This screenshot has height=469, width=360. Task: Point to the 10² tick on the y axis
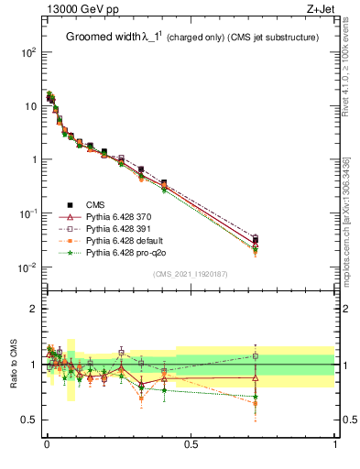point(29,52)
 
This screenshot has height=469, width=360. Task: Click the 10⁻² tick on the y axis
point(29,267)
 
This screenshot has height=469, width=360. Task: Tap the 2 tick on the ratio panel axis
point(35,309)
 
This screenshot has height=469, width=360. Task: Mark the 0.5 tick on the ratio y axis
point(31,420)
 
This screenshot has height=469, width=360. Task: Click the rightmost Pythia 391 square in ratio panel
point(256,355)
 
